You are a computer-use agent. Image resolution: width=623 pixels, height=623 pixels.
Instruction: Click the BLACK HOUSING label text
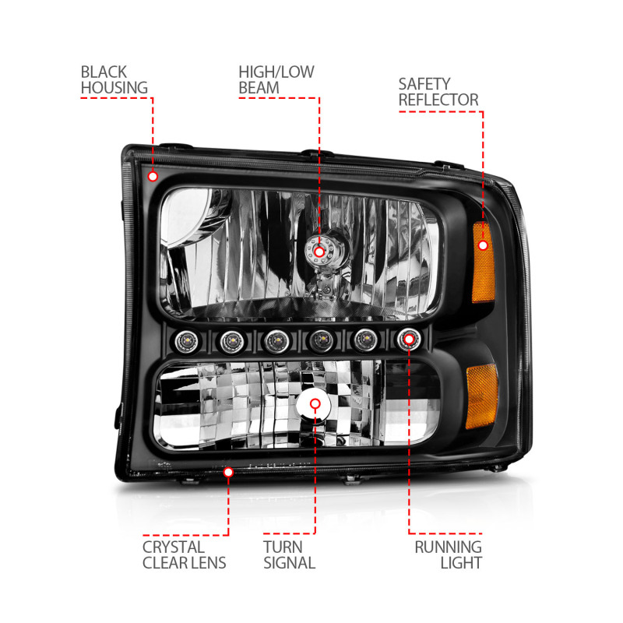tap(114, 80)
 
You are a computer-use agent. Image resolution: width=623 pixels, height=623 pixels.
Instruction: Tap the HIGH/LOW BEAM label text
tap(276, 80)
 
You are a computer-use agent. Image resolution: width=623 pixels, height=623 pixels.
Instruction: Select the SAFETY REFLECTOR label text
tap(438, 91)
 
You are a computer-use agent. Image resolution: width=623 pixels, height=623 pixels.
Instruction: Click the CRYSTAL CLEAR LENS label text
tap(184, 554)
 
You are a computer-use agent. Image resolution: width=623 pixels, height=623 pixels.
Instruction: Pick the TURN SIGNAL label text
tap(289, 554)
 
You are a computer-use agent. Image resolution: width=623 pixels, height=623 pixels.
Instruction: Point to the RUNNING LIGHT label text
tap(448, 554)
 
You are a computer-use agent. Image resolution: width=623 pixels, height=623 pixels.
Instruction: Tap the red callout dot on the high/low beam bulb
tap(319, 251)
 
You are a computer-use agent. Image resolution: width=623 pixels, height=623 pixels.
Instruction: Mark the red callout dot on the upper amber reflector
tap(483, 245)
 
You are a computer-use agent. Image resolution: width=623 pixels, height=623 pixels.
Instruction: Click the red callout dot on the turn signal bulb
tap(315, 404)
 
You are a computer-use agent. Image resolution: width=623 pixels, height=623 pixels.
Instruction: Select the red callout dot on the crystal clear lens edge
tap(229, 472)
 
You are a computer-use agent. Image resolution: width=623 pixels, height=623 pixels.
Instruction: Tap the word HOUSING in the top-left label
tap(114, 88)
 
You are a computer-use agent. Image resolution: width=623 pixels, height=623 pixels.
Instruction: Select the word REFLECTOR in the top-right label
tap(438, 100)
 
